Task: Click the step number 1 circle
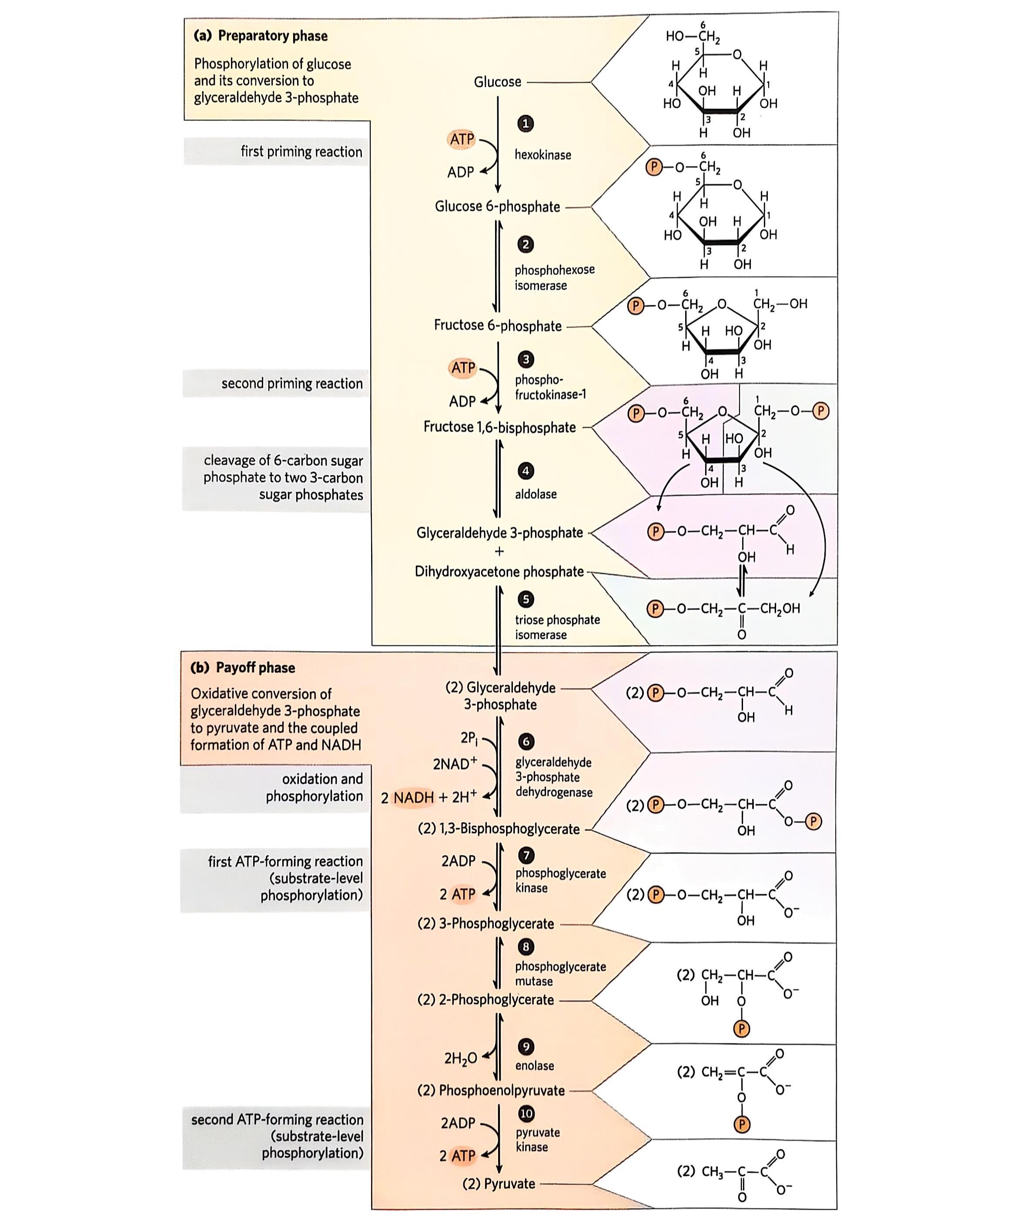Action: click(525, 123)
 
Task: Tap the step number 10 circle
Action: click(526, 1114)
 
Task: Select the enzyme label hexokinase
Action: click(542, 155)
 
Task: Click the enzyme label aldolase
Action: click(536, 494)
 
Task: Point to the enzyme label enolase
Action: click(534, 1065)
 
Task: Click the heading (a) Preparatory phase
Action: click(261, 36)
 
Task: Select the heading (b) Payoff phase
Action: click(243, 667)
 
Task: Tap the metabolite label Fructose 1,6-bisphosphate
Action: click(499, 427)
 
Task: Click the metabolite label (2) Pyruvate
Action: click(499, 1183)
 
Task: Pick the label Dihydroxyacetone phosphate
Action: click(499, 572)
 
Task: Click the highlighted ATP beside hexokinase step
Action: click(462, 140)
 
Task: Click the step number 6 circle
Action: click(526, 741)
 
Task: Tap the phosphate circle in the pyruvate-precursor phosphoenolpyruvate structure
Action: click(741, 1124)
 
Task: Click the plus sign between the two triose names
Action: click(499, 552)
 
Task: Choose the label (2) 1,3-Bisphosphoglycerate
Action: click(499, 829)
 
